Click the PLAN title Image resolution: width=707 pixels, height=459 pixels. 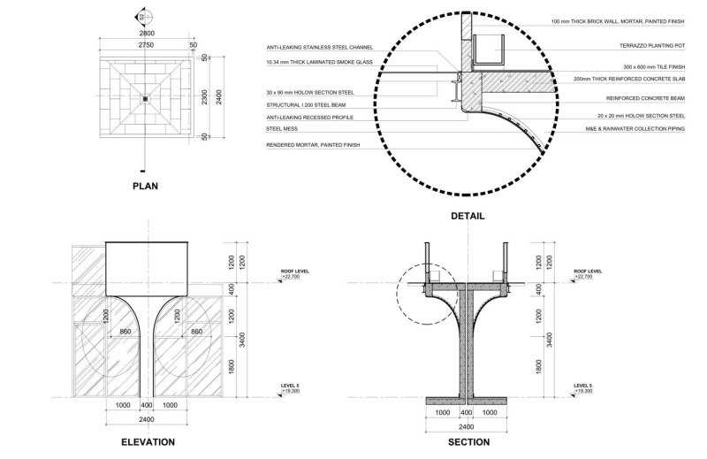(x=144, y=187)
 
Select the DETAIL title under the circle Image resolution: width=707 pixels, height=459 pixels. (x=467, y=216)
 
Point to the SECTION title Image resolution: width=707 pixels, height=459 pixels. (x=468, y=442)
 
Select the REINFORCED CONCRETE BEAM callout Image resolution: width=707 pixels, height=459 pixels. (x=645, y=98)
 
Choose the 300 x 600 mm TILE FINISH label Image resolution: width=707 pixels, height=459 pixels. (x=653, y=66)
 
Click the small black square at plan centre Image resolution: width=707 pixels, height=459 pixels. (x=144, y=98)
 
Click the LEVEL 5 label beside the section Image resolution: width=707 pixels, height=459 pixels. (x=582, y=386)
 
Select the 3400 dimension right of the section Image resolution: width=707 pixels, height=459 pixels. (x=550, y=339)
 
